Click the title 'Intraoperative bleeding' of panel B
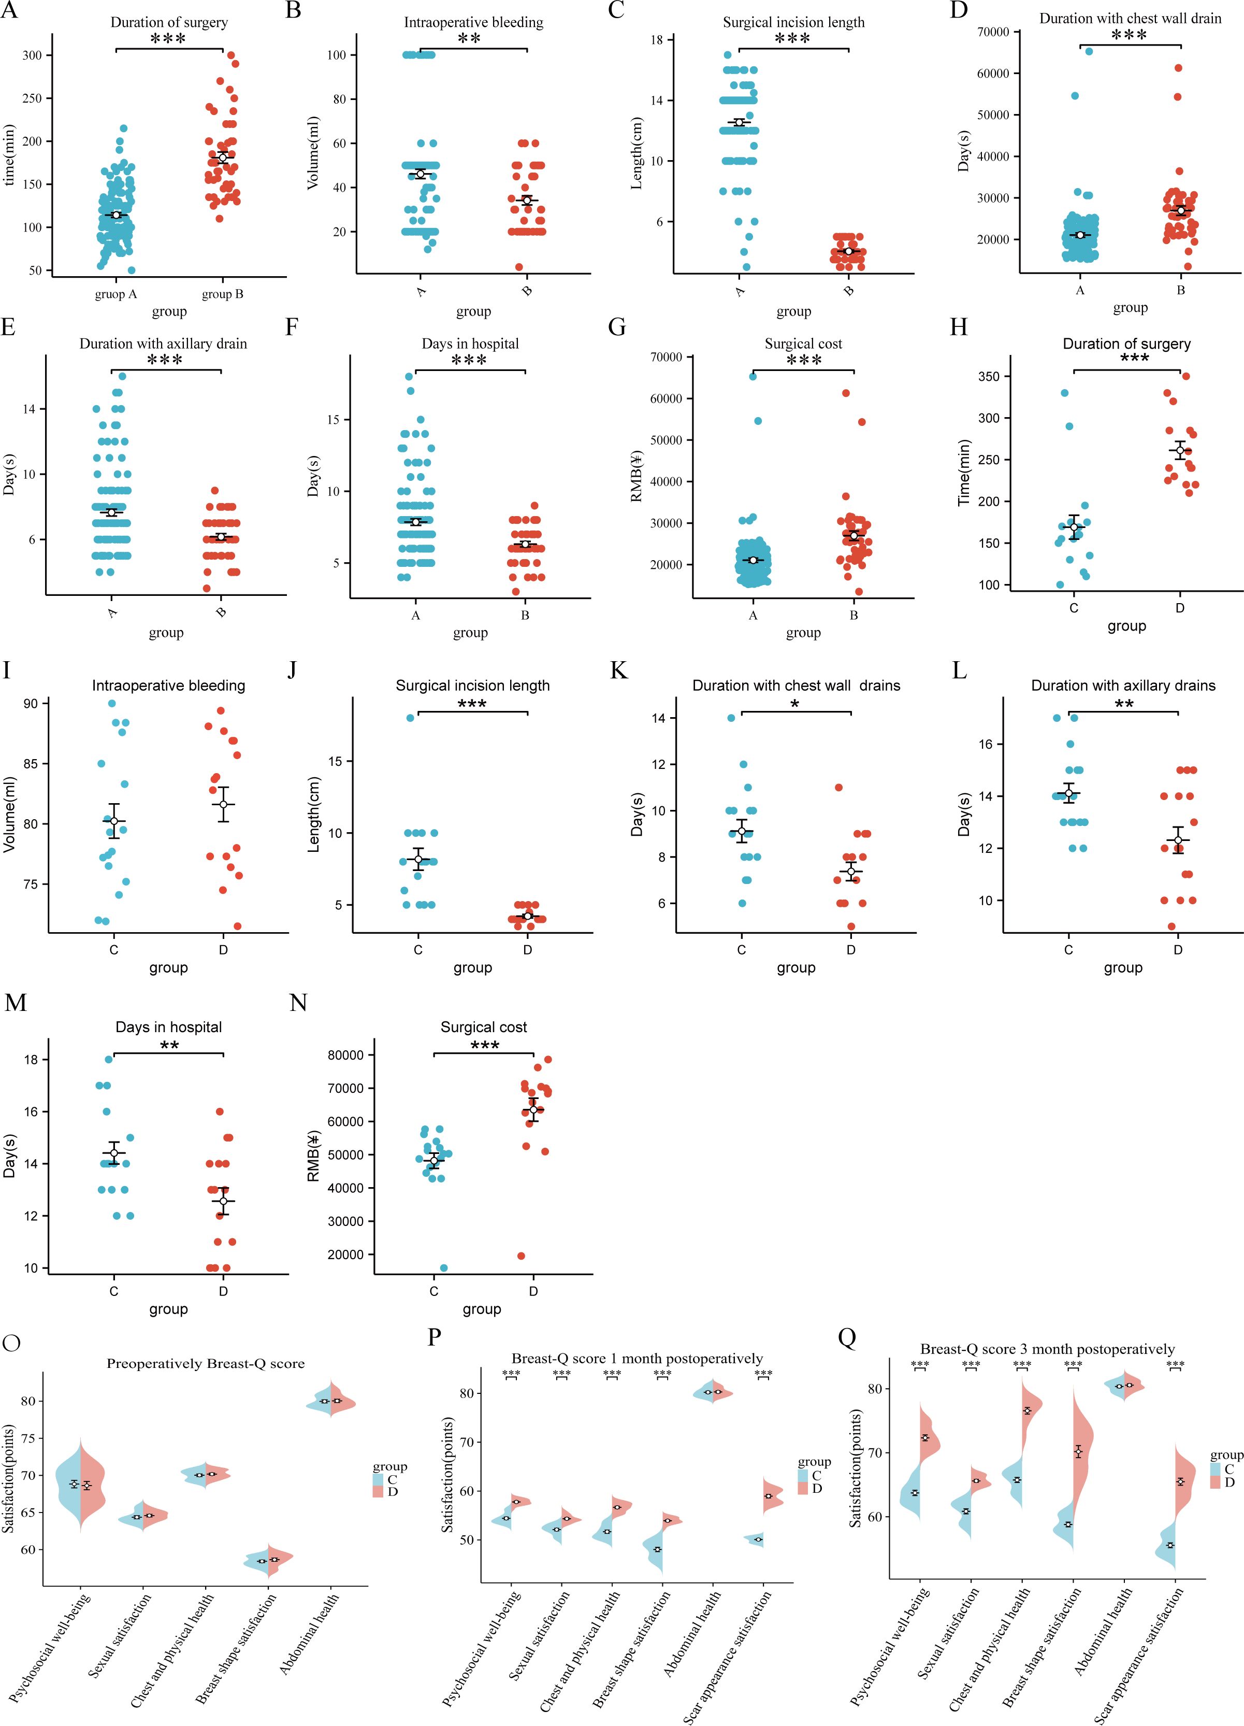click(473, 22)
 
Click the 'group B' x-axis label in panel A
click(222, 294)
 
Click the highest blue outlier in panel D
click(1089, 51)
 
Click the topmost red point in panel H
click(1185, 376)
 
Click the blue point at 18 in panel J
click(410, 718)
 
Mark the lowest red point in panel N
click(521, 1256)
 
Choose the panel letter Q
click(847, 1337)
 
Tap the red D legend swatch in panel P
click(803, 1488)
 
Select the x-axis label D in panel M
click(223, 1291)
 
